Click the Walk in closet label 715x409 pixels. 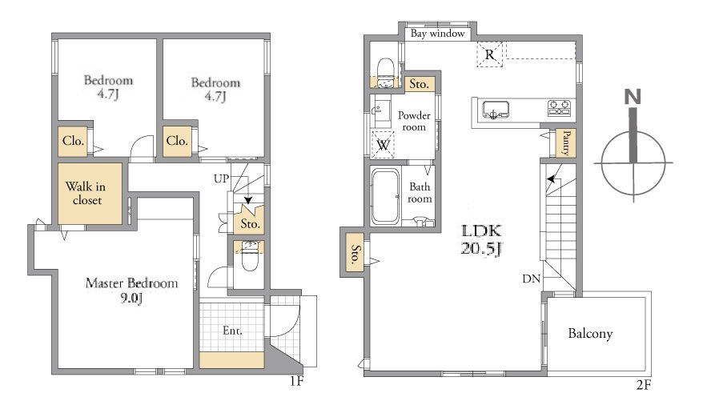[86, 194]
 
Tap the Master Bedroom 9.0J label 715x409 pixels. [132, 291]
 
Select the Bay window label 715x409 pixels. [437, 34]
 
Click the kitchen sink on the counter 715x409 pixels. [496, 110]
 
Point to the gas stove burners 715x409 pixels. [560, 108]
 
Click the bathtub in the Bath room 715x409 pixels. [386, 197]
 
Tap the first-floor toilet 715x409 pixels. [250, 256]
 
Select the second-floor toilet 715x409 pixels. [386, 72]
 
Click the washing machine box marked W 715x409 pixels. [383, 145]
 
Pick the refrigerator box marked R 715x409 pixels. [490, 54]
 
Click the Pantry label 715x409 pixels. [566, 142]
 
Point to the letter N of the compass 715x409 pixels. [633, 97]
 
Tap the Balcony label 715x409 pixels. [590, 333]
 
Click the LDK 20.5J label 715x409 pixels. [481, 240]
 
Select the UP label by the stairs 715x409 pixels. [221, 178]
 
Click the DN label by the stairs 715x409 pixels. [531, 279]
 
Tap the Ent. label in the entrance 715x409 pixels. [232, 331]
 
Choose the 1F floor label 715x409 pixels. [296, 381]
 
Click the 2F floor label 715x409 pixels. [644, 385]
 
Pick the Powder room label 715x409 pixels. [414, 122]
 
